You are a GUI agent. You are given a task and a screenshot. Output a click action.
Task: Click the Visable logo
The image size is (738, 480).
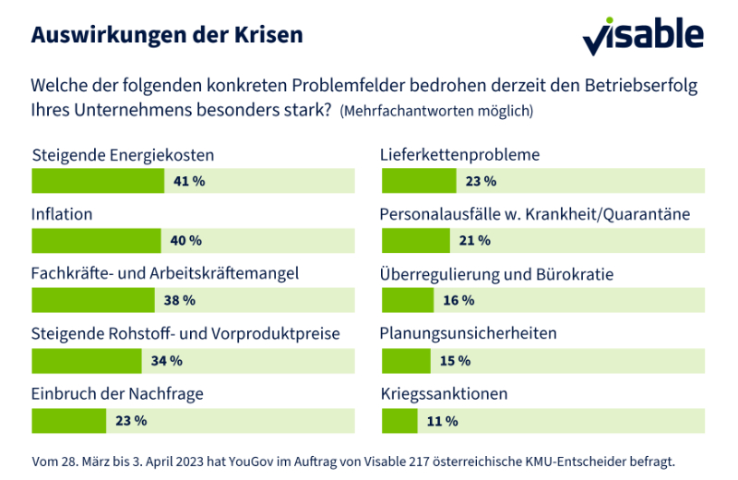(x=643, y=36)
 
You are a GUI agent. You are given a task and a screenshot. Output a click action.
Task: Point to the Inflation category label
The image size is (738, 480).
(x=62, y=214)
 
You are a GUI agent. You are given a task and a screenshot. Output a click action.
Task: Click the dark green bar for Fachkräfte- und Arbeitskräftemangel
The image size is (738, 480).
(x=93, y=301)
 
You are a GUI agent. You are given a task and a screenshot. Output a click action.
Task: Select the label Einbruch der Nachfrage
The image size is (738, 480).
(x=117, y=394)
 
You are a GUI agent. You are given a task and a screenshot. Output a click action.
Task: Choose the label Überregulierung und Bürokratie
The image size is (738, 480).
(x=497, y=274)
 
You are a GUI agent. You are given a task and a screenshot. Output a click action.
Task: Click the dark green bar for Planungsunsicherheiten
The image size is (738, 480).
(x=405, y=361)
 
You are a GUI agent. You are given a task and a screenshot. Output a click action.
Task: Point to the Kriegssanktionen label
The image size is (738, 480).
(x=445, y=394)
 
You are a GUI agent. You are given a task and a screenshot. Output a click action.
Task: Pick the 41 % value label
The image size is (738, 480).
(x=189, y=181)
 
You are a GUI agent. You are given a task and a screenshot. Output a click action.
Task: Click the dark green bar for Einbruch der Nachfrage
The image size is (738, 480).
(x=69, y=421)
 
